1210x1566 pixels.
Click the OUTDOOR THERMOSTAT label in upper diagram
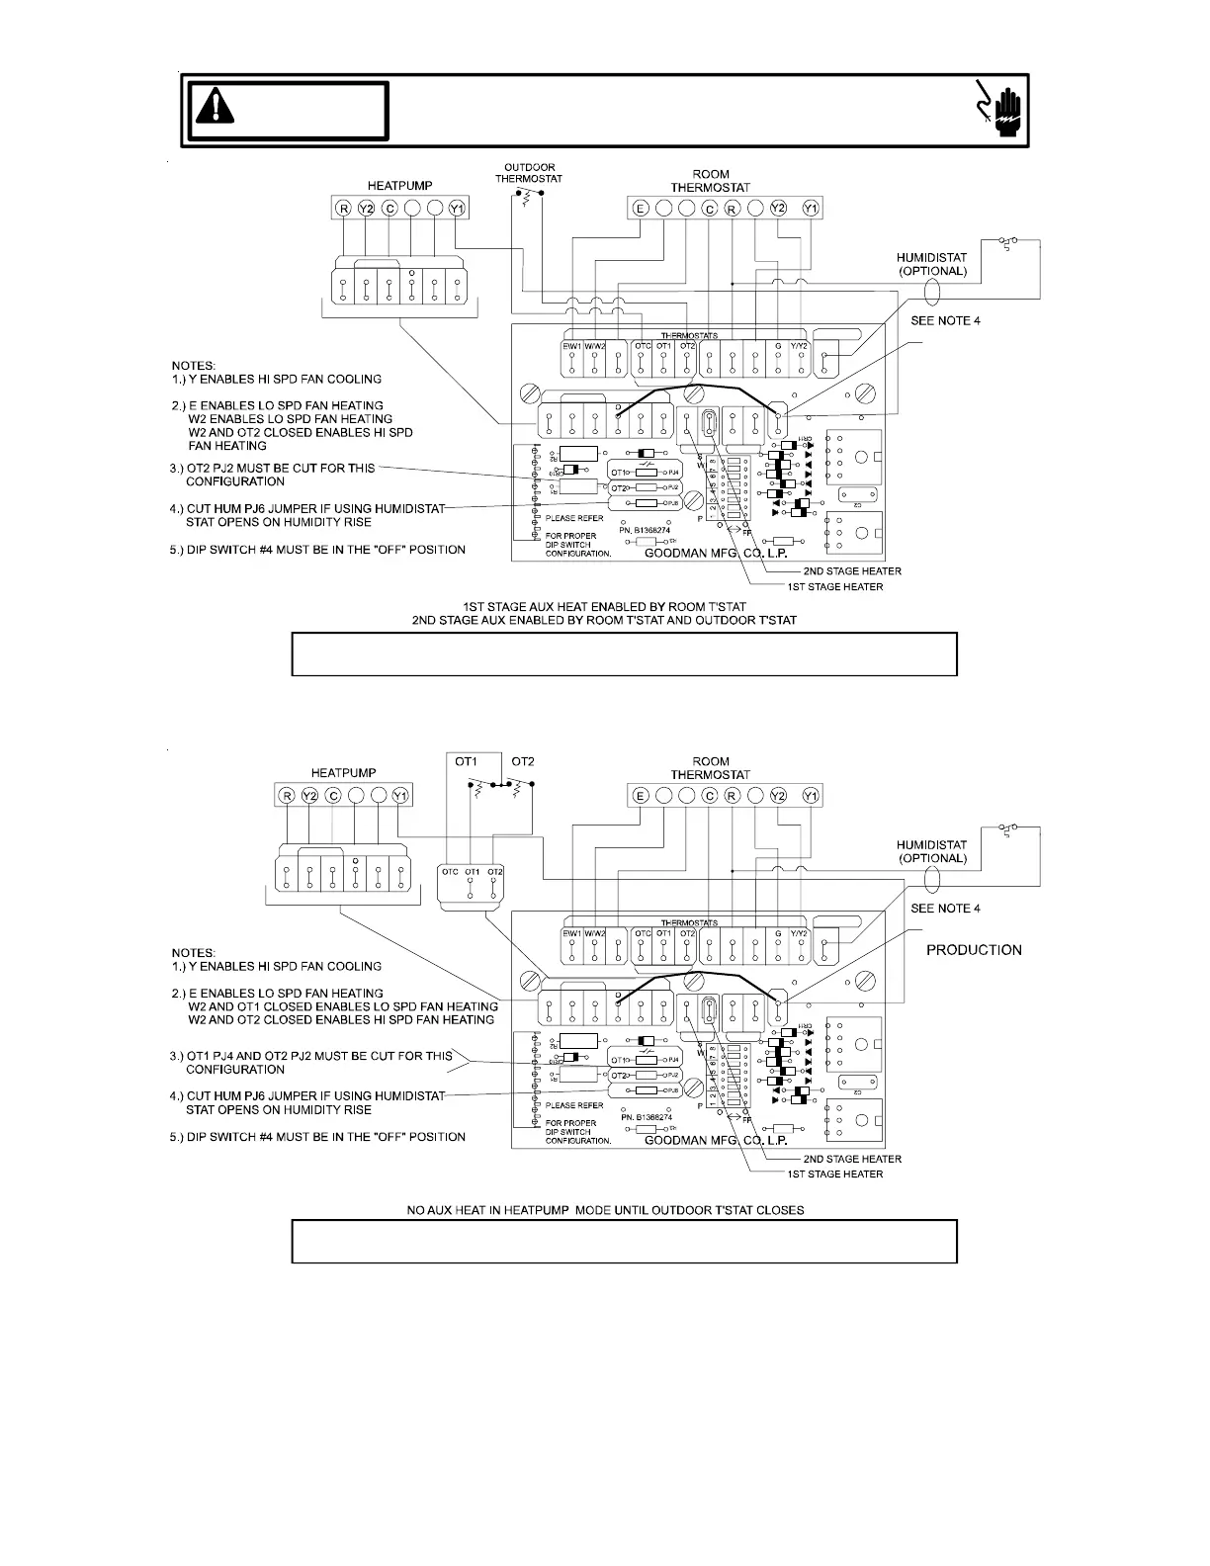529,172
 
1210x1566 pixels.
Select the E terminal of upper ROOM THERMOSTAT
641,209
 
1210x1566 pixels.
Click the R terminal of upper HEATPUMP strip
343,209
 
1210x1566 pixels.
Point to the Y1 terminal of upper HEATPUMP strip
457,209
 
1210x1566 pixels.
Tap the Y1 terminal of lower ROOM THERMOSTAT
811,796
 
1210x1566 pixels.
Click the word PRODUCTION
974,950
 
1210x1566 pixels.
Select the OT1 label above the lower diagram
466,761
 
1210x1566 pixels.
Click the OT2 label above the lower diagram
523,761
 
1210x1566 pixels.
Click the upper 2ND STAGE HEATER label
851,571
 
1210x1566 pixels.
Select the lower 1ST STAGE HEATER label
842,1174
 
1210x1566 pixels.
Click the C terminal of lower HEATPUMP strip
333,796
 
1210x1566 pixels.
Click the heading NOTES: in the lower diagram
195,953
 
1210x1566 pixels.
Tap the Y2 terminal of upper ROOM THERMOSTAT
778,209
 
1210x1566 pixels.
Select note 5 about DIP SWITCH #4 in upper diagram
317,550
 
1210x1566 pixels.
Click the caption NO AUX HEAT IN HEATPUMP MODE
606,1210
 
